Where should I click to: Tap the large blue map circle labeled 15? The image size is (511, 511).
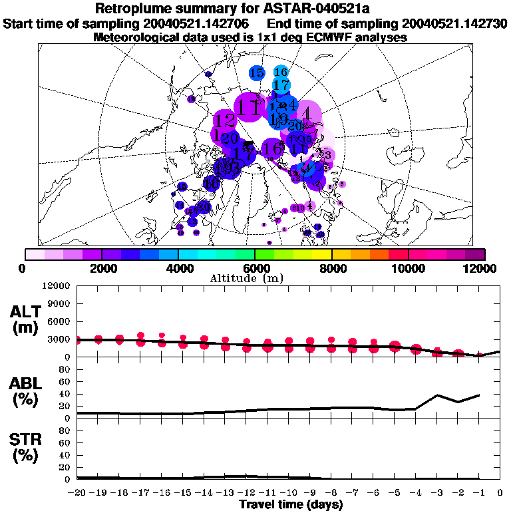tap(257, 73)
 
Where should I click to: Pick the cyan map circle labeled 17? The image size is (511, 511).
tap(281, 85)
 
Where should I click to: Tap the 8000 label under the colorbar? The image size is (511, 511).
tap(331, 268)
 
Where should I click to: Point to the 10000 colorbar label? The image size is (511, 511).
tap(408, 268)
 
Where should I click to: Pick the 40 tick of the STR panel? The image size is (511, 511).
tap(64, 454)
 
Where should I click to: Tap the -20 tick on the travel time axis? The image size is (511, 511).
tap(77, 492)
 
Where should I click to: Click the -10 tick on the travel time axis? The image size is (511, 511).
tap(288, 492)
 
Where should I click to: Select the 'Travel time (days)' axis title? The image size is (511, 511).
tap(291, 504)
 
